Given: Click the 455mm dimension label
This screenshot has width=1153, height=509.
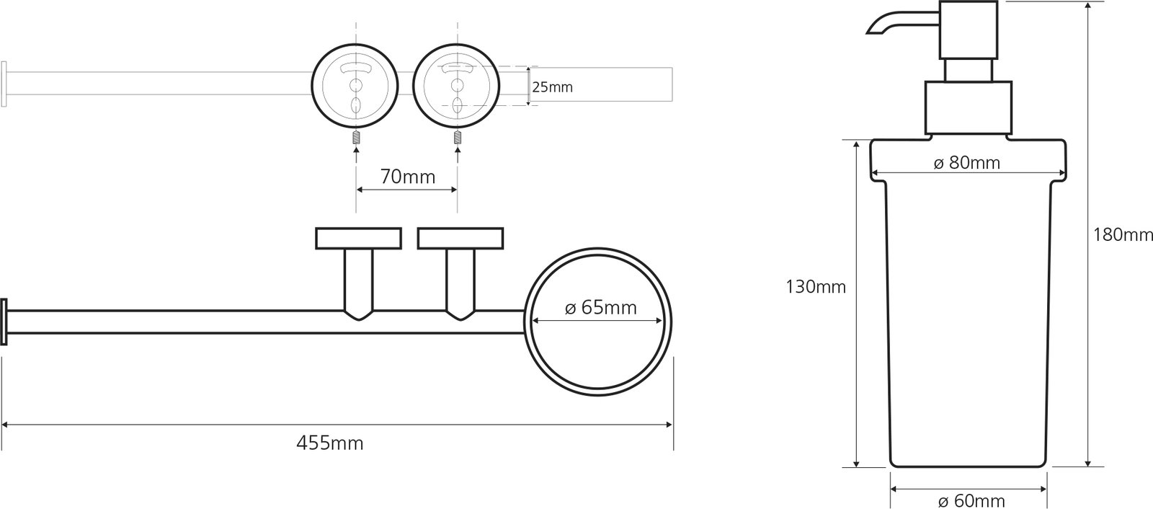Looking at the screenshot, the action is click(x=330, y=443).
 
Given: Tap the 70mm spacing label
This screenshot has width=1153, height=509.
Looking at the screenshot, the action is click(x=408, y=177).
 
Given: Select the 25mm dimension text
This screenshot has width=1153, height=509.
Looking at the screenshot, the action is click(x=552, y=87).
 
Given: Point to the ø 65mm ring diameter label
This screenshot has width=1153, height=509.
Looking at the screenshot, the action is click(x=601, y=308).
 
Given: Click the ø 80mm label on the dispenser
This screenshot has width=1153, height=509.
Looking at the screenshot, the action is click(x=966, y=163).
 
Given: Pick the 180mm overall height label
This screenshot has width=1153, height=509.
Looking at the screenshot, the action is click(x=1123, y=235).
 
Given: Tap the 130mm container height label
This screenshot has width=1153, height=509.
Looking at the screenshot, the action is click(x=816, y=286).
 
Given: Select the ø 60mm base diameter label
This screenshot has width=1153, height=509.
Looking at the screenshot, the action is click(x=971, y=500).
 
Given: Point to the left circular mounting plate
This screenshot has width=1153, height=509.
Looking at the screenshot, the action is click(x=355, y=87).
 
